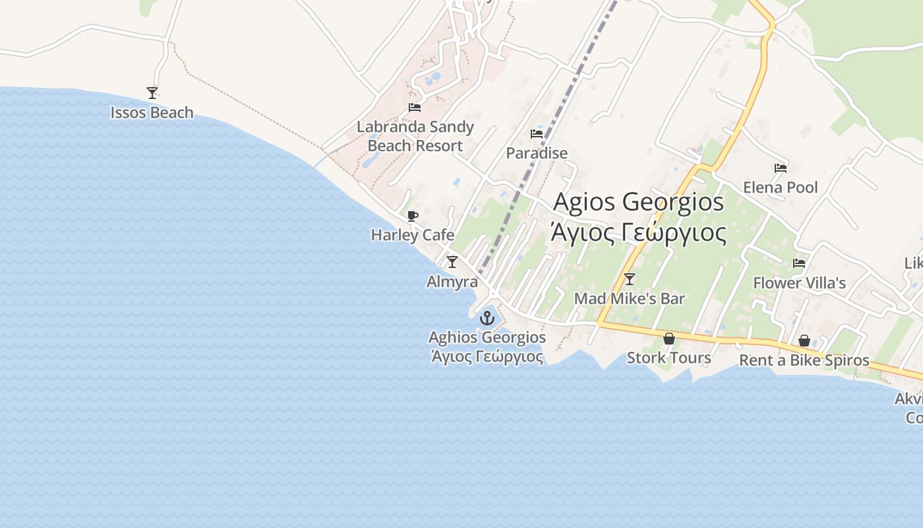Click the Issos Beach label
(x=152, y=113)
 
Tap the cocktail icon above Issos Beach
(x=152, y=93)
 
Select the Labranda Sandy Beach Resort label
(x=415, y=136)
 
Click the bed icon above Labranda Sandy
(x=415, y=108)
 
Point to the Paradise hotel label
(x=537, y=153)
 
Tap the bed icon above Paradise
(x=537, y=134)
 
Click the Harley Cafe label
(x=413, y=235)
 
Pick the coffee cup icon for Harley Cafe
(x=413, y=216)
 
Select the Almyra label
(x=452, y=282)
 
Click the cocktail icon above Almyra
(x=452, y=262)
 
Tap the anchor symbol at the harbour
(x=487, y=319)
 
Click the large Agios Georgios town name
(x=639, y=202)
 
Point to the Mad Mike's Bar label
(x=630, y=298)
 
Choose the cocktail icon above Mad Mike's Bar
(x=630, y=279)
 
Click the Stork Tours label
(x=669, y=358)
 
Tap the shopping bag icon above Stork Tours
(x=669, y=339)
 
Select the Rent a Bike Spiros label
(x=804, y=360)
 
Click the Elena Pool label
(x=781, y=187)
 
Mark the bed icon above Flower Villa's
(x=799, y=263)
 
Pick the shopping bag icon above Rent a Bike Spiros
(x=804, y=341)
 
